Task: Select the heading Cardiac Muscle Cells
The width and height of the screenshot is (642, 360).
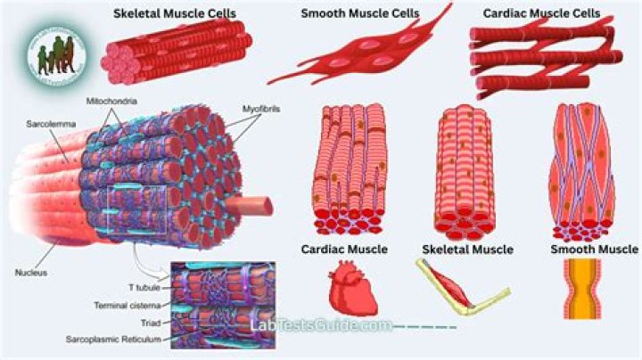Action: pos(540,14)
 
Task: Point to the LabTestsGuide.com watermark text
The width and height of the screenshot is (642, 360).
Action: pos(321,325)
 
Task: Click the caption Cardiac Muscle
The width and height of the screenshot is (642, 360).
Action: pos(344,250)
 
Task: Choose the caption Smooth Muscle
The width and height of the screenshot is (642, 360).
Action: pos(593,250)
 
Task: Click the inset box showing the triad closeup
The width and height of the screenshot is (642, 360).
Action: pos(223,303)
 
